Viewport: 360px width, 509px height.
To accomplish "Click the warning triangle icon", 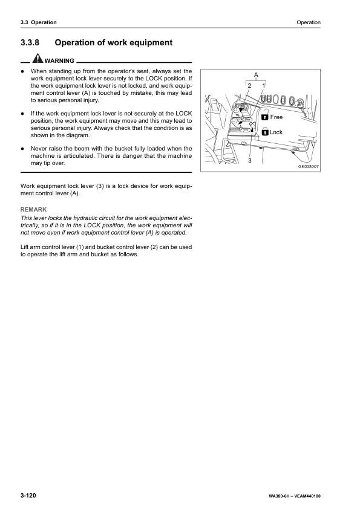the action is point(38,60).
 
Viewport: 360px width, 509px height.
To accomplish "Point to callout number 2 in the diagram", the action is point(249,86).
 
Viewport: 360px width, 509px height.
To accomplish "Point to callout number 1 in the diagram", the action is point(264,86).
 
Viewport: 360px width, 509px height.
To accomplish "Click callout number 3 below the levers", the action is point(250,160).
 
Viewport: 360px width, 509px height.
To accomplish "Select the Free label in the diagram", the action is point(276,117).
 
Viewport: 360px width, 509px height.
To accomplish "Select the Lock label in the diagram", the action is point(276,132).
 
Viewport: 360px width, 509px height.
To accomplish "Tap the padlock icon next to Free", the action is point(264,117).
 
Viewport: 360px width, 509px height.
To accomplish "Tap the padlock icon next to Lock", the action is point(264,132).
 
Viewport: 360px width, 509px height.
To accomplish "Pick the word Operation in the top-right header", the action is point(309,22).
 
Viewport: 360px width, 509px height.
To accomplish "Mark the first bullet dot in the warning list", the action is point(22,71).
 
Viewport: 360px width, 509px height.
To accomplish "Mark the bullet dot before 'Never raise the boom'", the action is point(22,148).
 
